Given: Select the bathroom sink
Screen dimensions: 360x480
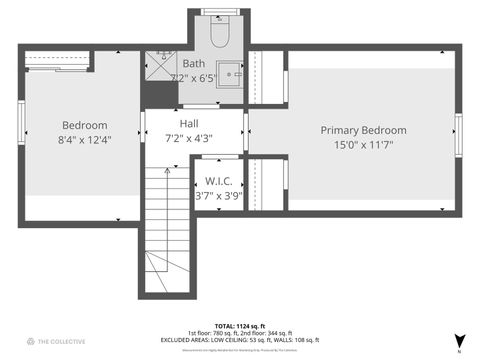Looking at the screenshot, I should click(x=231, y=74).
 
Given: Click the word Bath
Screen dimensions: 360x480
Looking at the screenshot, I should click(x=194, y=64).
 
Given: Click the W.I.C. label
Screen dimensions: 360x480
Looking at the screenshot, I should click(x=218, y=181).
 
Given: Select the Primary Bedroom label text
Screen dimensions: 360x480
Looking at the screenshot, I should click(x=363, y=130).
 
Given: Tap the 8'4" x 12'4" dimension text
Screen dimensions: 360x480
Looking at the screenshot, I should click(x=84, y=140).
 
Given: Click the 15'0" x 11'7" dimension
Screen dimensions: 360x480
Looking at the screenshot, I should click(x=363, y=145).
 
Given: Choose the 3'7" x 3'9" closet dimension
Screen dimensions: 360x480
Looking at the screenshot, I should click(x=218, y=195).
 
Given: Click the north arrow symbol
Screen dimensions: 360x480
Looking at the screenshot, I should click(x=459, y=341).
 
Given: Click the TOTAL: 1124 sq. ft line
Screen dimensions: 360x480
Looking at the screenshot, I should click(x=236, y=325).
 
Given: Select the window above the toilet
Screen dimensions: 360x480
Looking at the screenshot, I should click(x=218, y=12).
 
